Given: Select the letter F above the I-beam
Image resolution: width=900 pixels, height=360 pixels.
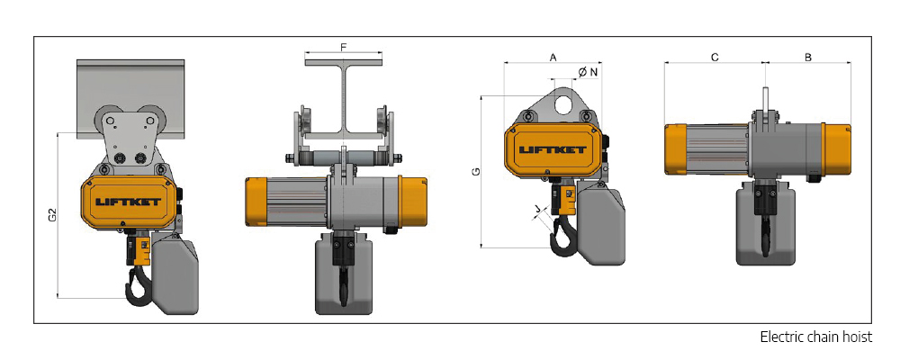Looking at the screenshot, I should point(345,46).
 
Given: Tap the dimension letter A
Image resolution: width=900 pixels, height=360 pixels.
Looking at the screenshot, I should point(553,57).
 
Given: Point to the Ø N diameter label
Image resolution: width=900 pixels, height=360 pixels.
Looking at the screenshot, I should point(588,71).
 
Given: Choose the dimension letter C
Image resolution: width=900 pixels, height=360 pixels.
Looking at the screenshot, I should point(714,57).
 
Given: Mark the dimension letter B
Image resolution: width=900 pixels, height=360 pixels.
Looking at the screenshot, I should point(807,57).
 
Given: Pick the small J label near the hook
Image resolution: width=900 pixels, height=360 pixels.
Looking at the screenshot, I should point(537,211).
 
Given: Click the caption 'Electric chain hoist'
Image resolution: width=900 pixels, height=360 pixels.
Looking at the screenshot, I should point(815,337).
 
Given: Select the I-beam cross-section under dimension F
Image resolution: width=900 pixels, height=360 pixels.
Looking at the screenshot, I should point(345,99).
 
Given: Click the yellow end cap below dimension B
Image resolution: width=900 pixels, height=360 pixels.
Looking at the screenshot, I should point(836,149).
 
